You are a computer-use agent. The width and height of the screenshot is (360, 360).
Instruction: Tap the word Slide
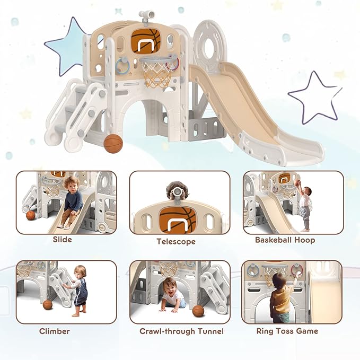point(62,240)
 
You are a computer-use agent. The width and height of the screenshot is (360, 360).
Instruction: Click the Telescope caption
point(176,241)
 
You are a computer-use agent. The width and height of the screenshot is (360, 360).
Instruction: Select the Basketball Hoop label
point(285,240)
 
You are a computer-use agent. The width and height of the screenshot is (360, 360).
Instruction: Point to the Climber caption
point(55,331)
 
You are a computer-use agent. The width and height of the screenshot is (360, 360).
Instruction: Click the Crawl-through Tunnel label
point(181,331)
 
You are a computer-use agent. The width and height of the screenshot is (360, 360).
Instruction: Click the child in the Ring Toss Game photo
point(279,299)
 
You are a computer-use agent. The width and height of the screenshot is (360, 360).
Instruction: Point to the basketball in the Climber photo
point(48,305)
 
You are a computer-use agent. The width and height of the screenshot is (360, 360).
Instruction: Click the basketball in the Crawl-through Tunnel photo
point(198,311)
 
